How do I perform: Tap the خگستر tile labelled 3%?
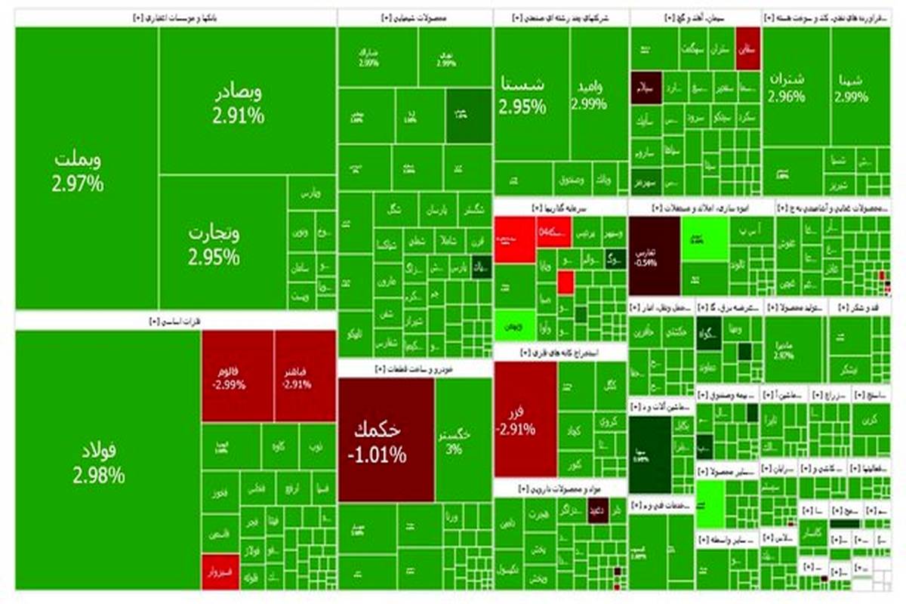point(455,440)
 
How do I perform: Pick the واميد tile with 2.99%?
point(589,94)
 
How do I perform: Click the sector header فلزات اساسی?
point(175,321)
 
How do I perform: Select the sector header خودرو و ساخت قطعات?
point(414,368)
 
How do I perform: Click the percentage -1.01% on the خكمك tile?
point(377,456)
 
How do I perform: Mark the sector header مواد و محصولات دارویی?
point(559,488)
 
